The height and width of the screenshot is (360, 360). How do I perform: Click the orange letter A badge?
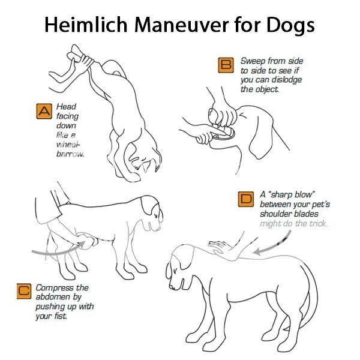(x=44, y=112)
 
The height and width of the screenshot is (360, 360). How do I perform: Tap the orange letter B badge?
(x=226, y=65)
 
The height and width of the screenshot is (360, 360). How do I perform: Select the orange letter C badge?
(x=24, y=291)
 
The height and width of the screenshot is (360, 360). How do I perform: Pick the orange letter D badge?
(x=246, y=199)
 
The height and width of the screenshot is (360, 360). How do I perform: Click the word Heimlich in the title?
(x=86, y=25)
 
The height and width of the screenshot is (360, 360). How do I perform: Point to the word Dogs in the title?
(x=290, y=26)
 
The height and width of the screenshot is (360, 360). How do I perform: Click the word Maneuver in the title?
(x=181, y=25)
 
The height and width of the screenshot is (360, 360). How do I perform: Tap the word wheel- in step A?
(x=68, y=145)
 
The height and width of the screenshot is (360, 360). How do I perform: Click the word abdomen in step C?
(x=53, y=297)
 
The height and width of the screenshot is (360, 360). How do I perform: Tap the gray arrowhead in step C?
(x=81, y=245)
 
